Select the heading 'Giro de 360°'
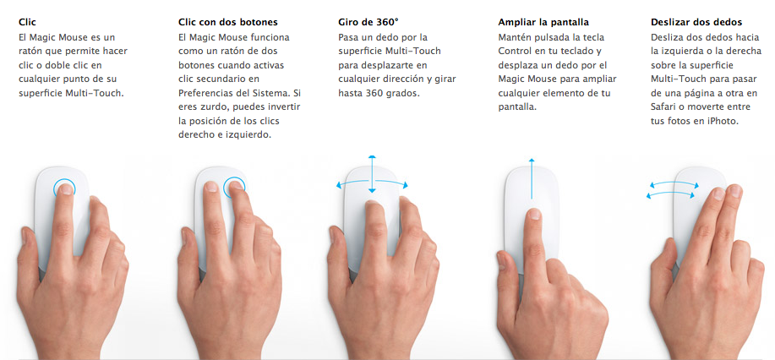(x=368, y=21)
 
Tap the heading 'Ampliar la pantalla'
(x=543, y=21)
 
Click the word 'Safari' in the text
(x=666, y=106)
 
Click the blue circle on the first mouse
(x=63, y=188)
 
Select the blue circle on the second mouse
(x=234, y=188)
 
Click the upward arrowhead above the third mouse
(x=371, y=157)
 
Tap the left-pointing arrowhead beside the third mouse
(x=339, y=183)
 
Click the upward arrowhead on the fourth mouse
(x=531, y=160)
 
